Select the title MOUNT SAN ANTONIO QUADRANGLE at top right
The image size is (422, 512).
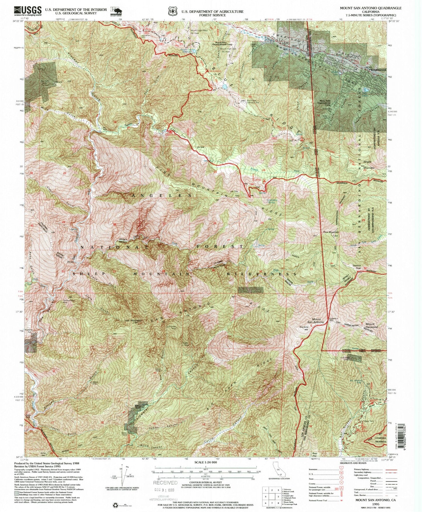coord(370,8)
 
